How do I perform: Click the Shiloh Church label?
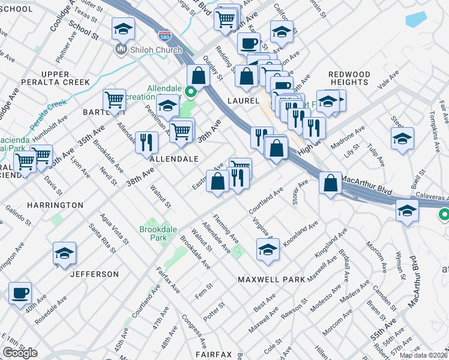[x=155, y=50]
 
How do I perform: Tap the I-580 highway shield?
[x=164, y=37]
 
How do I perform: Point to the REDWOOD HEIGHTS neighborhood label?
[x=349, y=78]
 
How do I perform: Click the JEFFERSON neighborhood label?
[x=95, y=274]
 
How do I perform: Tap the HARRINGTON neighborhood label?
[x=55, y=205]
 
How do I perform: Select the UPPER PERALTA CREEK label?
[x=55, y=78]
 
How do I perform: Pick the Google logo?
[x=20, y=353]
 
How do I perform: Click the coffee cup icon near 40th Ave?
[x=20, y=292]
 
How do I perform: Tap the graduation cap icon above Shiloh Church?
[x=123, y=28]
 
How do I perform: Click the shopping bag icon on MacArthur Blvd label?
[x=331, y=183]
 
